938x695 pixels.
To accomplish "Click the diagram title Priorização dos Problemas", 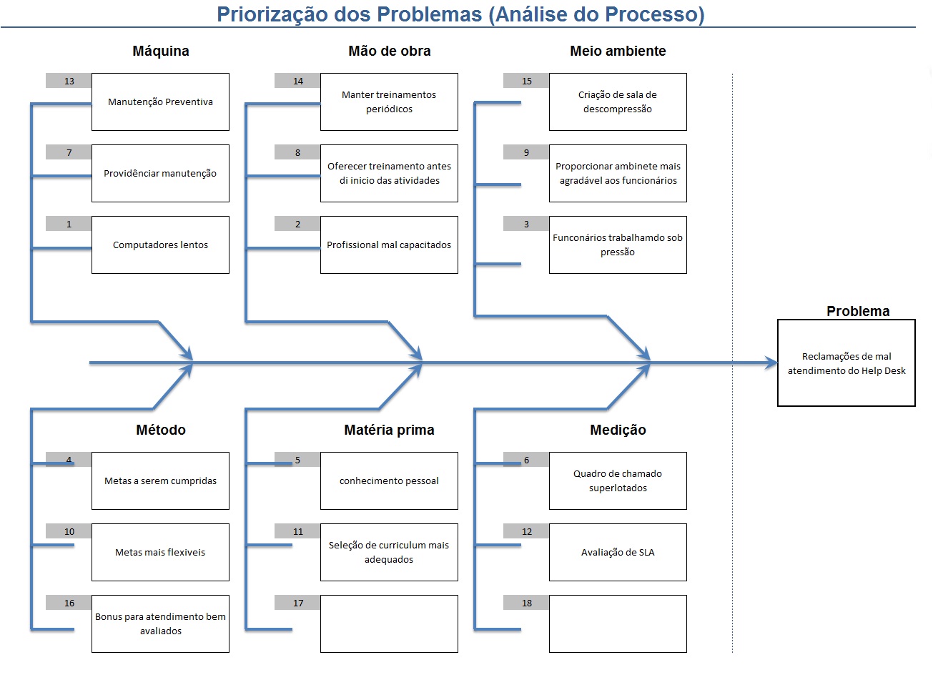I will [460, 14].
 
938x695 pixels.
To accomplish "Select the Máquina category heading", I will [161, 51].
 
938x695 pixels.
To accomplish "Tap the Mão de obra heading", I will [389, 51].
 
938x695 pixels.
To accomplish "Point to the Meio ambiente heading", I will [618, 51].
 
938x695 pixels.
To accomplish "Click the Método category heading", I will [161, 430].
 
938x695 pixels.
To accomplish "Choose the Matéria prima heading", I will [389, 430].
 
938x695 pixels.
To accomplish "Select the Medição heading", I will [618, 430].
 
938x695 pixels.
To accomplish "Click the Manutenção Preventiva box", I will [160, 102].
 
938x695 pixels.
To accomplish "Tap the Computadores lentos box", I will [160, 245].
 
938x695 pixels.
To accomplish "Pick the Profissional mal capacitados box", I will [389, 245].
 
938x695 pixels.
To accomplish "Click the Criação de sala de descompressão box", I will [618, 102].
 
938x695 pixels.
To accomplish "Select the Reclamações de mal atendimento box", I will [846, 363].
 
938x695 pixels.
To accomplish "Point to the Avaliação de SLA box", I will [618, 552].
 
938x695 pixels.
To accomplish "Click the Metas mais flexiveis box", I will [160, 552].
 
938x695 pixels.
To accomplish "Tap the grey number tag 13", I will [69, 81].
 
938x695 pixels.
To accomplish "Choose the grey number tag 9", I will [526, 152].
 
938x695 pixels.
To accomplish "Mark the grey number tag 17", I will [297, 603].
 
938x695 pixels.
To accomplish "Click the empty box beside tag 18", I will [618, 623].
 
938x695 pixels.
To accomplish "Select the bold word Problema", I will [858, 311].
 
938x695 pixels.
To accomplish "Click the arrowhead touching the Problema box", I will [771, 363].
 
